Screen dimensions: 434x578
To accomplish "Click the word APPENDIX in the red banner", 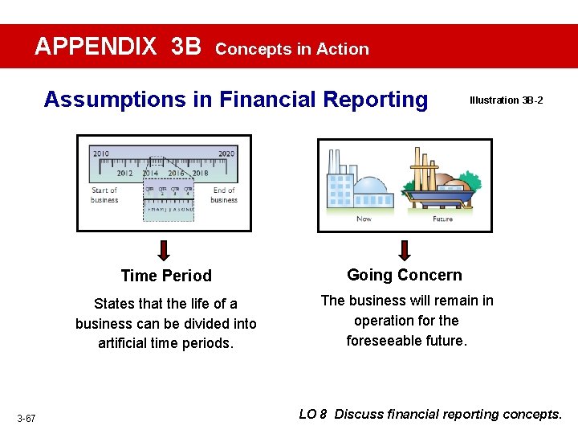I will tap(96, 47).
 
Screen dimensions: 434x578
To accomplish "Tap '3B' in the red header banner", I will tap(186, 47).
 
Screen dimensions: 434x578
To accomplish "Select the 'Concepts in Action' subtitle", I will tap(292, 49).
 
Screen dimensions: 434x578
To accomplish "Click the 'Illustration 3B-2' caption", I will tap(506, 100).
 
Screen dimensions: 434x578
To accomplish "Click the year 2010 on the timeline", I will tap(101, 153).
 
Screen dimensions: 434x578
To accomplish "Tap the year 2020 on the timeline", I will tap(226, 153).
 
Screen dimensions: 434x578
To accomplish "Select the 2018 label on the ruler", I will tap(200, 172).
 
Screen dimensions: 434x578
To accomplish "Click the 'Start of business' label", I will tap(104, 195).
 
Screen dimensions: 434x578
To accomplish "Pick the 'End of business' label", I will tap(224, 195).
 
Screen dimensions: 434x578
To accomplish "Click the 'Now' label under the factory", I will tap(364, 219).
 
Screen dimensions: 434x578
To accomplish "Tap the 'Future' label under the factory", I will tap(442, 219).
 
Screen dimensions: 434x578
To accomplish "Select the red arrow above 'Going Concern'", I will tap(405, 249).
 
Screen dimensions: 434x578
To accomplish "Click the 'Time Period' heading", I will tap(166, 276).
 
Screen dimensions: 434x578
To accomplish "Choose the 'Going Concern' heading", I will tap(404, 275).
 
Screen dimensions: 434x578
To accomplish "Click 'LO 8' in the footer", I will tap(313, 415).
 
